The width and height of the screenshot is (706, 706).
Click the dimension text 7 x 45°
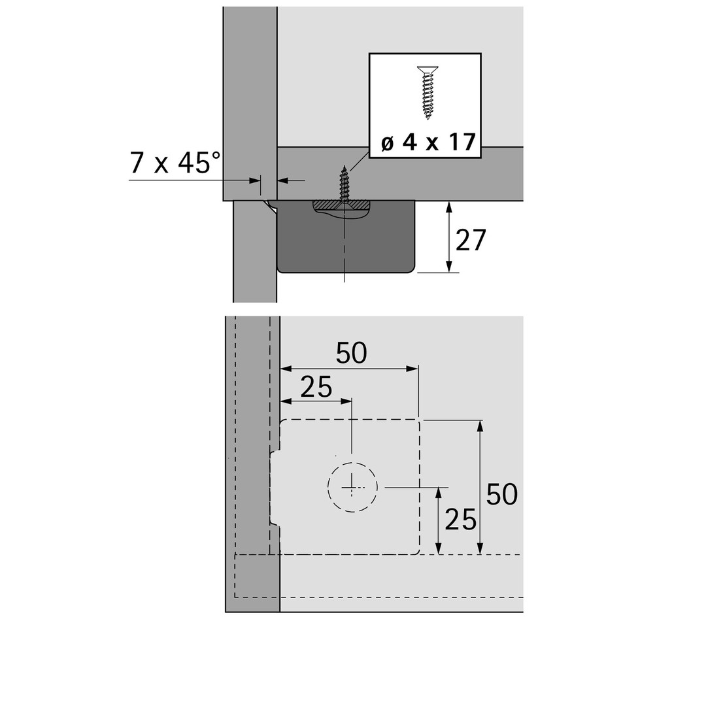click(175, 163)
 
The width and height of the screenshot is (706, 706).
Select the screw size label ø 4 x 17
click(428, 143)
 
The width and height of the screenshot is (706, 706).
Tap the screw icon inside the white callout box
click(428, 92)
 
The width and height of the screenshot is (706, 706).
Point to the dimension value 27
click(471, 240)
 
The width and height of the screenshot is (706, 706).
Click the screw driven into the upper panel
click(345, 185)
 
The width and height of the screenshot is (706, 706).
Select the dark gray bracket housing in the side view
click(346, 237)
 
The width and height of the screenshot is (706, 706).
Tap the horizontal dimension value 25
click(316, 387)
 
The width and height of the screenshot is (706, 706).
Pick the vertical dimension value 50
click(501, 494)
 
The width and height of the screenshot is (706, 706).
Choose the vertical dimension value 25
click(460, 520)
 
